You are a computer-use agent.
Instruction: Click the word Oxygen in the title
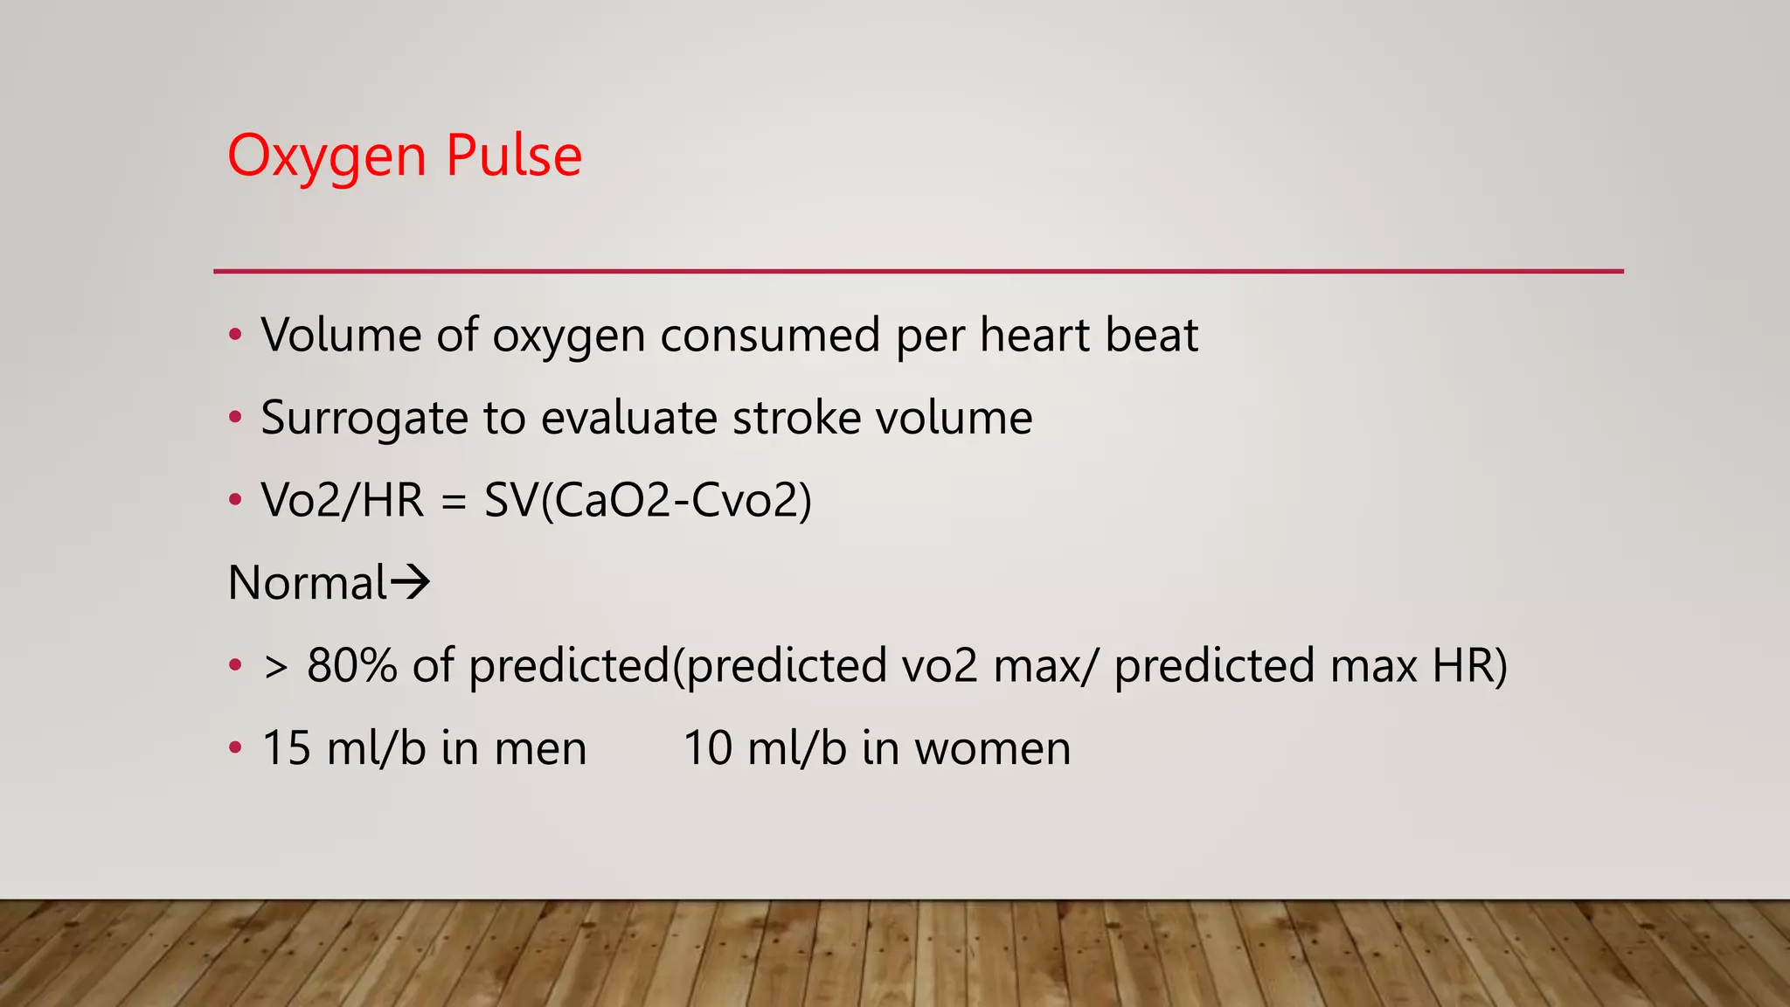pos(327,157)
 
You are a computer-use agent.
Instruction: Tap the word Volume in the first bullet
pos(341,335)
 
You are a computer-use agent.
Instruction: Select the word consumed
pos(770,335)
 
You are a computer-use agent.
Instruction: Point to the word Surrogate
pos(364,419)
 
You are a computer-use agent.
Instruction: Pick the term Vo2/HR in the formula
pos(342,501)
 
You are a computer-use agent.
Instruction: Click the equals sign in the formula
pos(454,502)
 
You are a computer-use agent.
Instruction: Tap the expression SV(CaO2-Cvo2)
pos(648,501)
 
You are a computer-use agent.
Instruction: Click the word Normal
pos(307,583)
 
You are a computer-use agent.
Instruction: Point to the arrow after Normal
pos(411,582)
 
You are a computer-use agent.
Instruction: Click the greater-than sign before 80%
pos(275,667)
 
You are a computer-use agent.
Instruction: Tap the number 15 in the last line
pos(286,748)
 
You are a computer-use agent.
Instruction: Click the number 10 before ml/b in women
pos(707,748)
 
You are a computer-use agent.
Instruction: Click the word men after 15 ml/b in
pos(540,749)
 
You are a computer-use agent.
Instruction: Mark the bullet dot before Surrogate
pos(234,418)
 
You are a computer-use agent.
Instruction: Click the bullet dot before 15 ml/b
pos(234,748)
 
